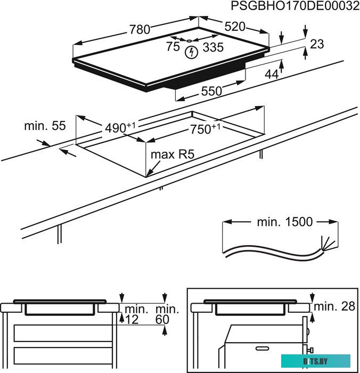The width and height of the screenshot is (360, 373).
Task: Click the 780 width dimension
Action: point(140,30)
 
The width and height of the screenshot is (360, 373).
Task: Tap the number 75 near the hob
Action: point(173,47)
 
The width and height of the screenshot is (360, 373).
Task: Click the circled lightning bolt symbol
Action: point(190,52)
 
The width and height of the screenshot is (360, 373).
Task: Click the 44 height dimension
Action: point(272,75)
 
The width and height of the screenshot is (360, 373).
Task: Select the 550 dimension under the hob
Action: point(211,91)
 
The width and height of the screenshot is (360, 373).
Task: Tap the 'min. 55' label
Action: point(45,126)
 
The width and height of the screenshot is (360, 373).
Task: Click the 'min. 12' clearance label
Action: point(133,314)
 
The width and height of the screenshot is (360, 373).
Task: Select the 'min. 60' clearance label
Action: point(165,314)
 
